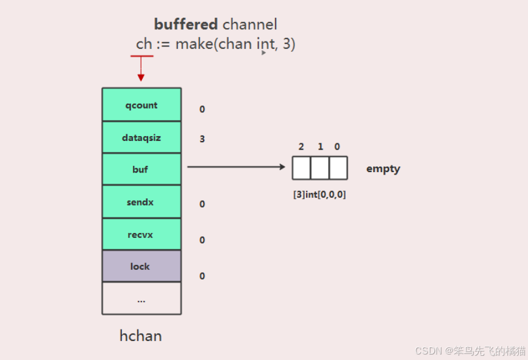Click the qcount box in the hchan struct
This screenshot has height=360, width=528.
point(141,105)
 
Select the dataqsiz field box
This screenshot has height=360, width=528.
point(141,137)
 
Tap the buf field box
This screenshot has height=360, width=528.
point(141,170)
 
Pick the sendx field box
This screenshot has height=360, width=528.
point(141,202)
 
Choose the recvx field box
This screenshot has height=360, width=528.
point(141,234)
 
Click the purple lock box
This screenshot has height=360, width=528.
point(141,266)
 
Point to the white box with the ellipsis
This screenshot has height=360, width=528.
point(141,298)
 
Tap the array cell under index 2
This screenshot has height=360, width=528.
point(301,168)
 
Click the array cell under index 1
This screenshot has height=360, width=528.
point(320,168)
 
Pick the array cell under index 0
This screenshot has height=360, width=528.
point(338,168)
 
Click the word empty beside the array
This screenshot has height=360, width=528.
point(383,169)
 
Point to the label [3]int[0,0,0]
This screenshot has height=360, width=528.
point(319,195)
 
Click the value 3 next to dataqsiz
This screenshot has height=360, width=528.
point(202,139)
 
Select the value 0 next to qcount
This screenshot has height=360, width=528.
point(202,110)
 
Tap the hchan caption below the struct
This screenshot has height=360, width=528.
point(141,336)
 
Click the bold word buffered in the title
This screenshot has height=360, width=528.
point(186,24)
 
